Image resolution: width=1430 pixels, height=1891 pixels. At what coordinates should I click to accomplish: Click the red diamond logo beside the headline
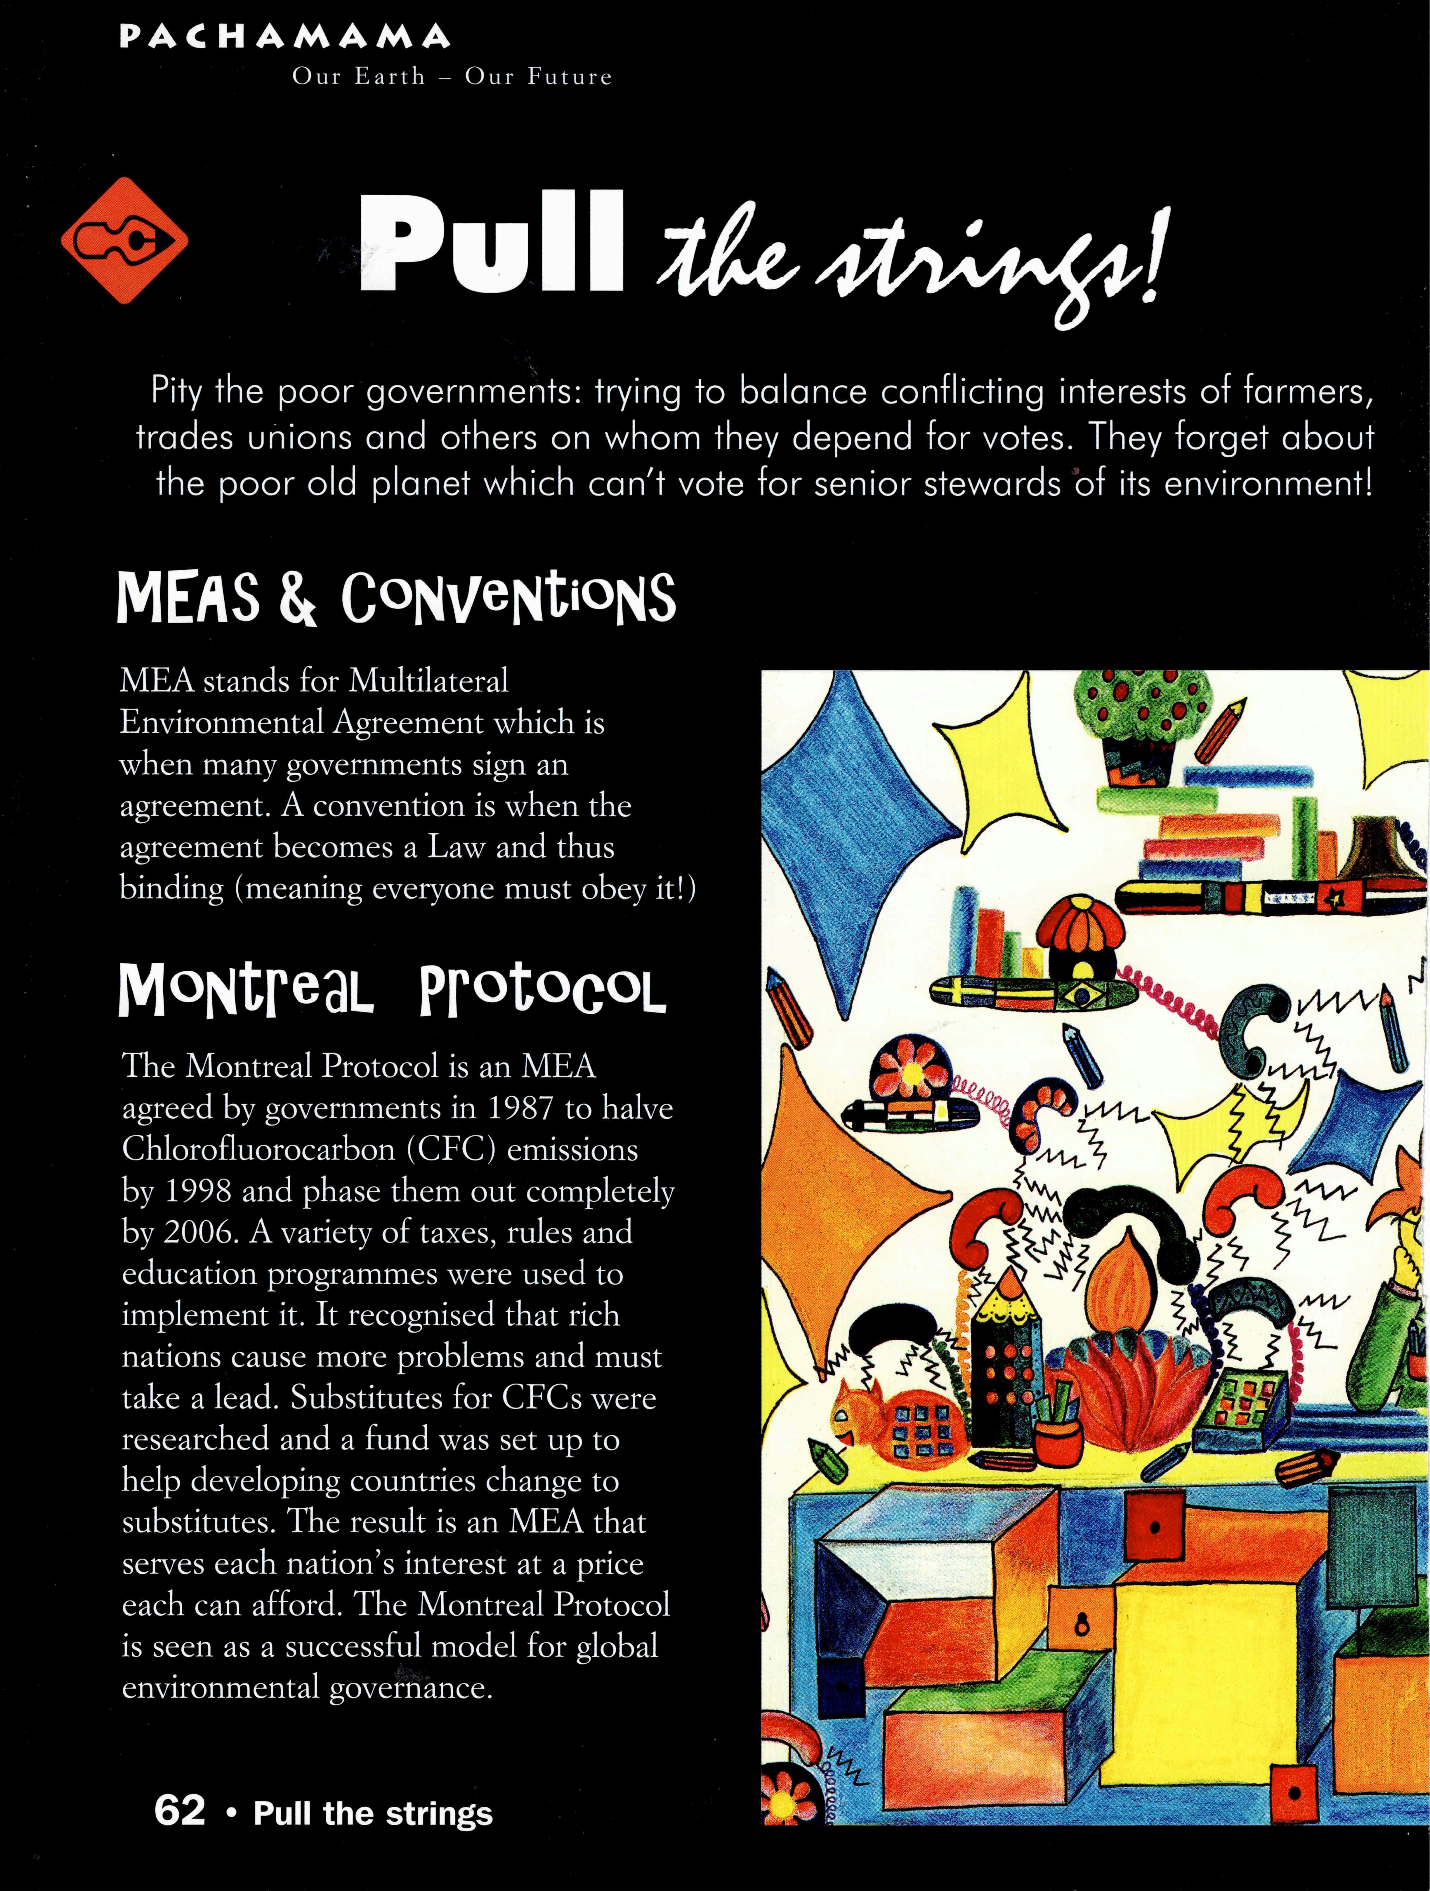(124, 240)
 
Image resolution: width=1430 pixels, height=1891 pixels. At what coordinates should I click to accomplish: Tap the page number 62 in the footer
(180, 1811)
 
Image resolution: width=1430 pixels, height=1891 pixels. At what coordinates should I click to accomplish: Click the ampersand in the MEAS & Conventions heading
(297, 598)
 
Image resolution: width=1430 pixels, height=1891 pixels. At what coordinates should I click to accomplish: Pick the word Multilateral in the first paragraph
(428, 681)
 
